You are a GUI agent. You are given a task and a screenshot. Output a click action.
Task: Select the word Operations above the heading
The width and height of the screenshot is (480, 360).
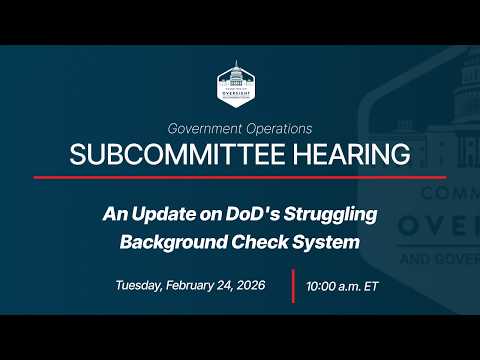coord(275,129)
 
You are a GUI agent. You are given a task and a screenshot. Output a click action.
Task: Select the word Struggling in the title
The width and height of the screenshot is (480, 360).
coord(325,215)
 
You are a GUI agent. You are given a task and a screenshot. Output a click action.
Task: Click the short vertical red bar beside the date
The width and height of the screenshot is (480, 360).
coord(293,285)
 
